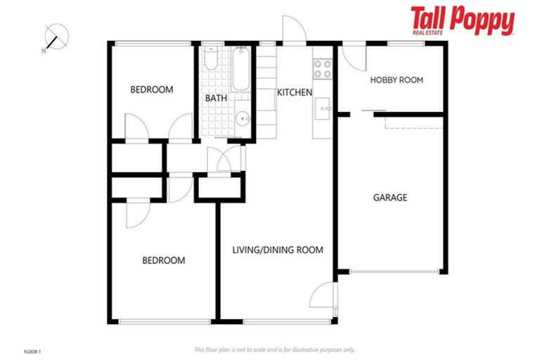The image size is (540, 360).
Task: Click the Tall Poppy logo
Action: [x=462, y=21]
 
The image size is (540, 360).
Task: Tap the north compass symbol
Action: [x=54, y=37]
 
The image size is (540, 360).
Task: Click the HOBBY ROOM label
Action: [x=397, y=80]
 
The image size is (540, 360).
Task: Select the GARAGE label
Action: [x=390, y=198]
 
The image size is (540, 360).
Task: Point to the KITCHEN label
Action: [x=294, y=93]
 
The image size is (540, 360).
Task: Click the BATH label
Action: [x=216, y=98]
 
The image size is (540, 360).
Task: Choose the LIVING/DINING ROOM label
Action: [x=278, y=250]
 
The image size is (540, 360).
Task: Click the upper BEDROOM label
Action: [x=152, y=89]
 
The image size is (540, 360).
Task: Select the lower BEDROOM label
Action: [x=164, y=260]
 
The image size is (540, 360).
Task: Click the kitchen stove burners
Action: [x=323, y=68]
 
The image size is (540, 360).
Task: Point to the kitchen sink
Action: [x=323, y=108]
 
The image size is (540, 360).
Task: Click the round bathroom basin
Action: [x=240, y=118]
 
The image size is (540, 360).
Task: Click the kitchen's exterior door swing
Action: [x=292, y=31]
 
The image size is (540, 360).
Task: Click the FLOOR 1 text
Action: [x=33, y=350]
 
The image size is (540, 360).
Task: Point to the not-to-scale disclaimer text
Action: [x=274, y=349]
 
